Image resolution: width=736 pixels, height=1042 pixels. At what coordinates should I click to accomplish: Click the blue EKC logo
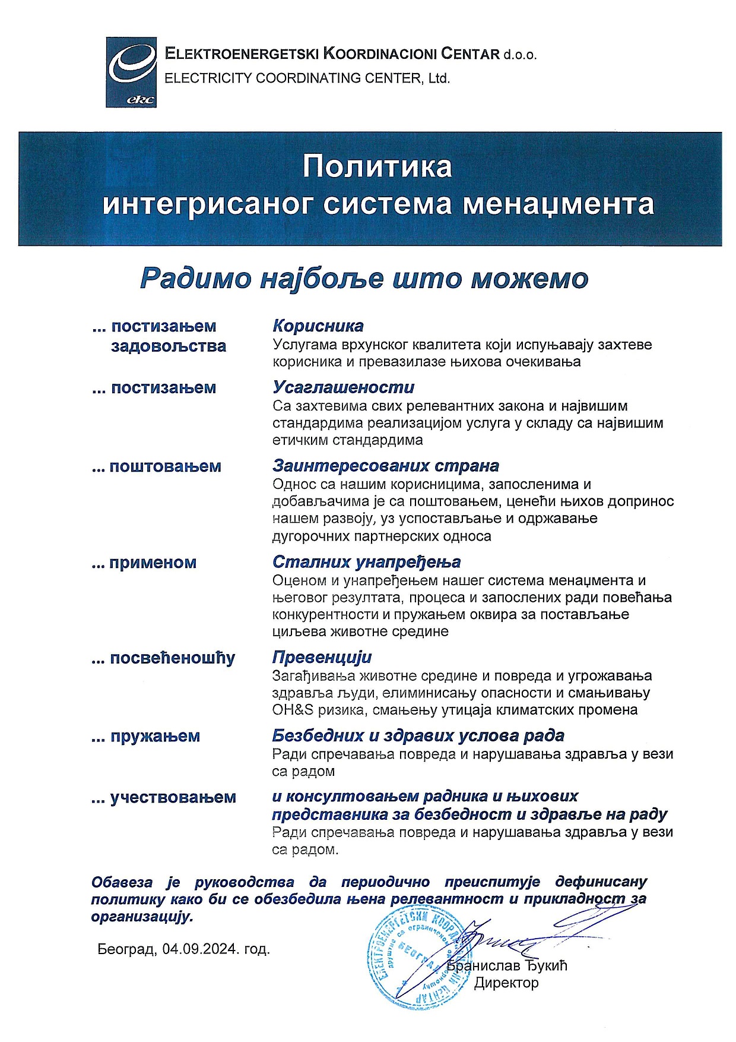(131, 72)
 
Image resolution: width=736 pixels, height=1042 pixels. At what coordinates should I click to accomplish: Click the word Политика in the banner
(377, 167)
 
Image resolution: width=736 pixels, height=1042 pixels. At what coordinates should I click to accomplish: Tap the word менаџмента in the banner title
(559, 204)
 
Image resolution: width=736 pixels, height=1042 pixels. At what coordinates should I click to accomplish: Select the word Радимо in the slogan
(196, 278)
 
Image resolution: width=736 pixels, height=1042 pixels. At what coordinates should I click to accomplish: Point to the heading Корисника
(318, 326)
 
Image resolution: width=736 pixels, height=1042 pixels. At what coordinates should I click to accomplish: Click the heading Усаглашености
(344, 387)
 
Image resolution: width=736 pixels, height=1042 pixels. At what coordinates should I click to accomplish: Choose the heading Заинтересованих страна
(386, 466)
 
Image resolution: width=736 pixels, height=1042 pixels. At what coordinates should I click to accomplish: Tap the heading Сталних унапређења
(367, 562)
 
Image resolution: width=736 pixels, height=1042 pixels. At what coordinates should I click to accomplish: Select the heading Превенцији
(322, 658)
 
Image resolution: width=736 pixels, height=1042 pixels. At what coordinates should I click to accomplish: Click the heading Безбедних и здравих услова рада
(418, 736)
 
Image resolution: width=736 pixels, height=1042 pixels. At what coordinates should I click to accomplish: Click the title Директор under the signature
(506, 983)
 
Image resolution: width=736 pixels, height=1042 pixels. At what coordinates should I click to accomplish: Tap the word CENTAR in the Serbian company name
(471, 55)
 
